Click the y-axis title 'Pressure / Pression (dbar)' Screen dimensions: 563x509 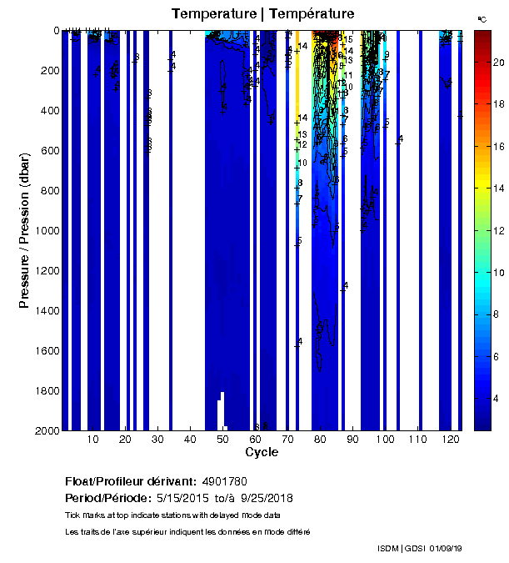coord(25,229)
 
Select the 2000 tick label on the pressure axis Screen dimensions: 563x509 coord(45,430)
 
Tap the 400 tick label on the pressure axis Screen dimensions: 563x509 coord(48,110)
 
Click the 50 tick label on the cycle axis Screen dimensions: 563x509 coord(222,439)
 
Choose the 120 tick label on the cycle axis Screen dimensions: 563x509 coord(450,439)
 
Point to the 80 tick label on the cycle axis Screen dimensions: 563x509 coord(320,439)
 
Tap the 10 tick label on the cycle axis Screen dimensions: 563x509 coord(93,439)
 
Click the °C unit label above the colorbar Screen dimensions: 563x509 coord(482,18)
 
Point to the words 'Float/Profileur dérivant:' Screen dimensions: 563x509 coord(130,482)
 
